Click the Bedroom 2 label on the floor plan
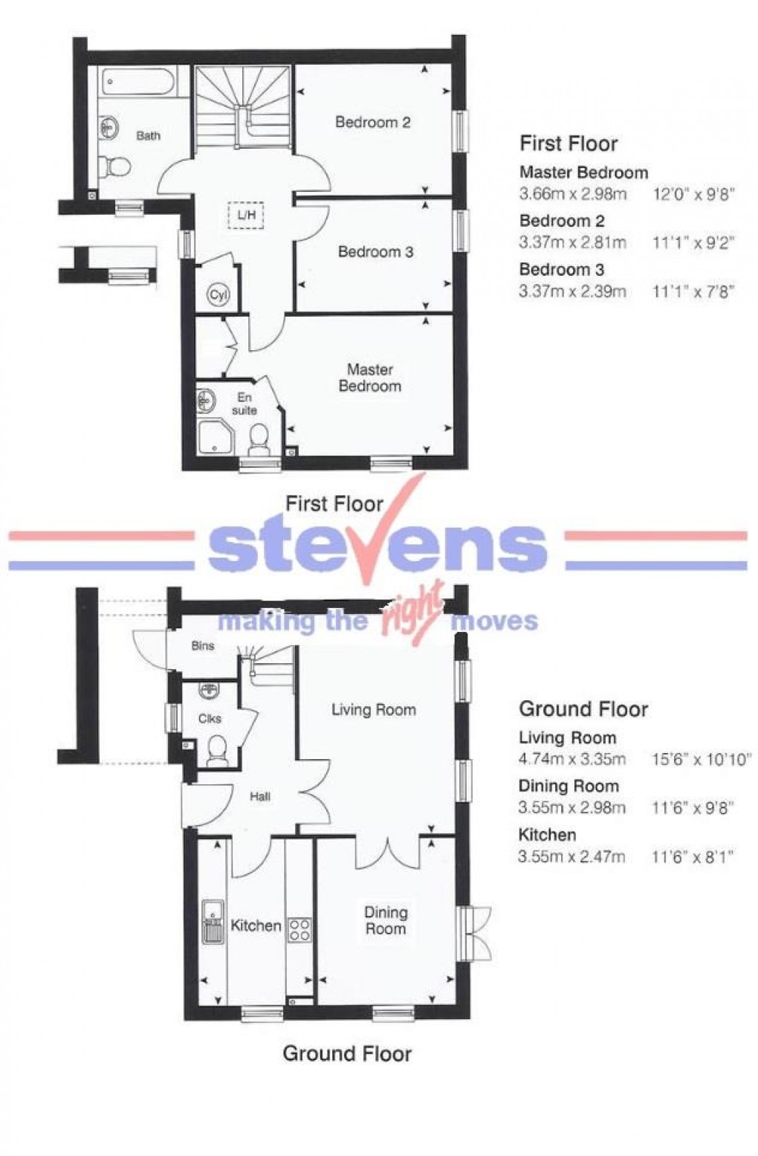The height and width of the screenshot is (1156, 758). pyautogui.click(x=372, y=122)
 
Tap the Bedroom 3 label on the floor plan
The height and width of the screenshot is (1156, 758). pyautogui.click(x=375, y=252)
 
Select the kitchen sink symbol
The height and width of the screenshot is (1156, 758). pyautogui.click(x=213, y=921)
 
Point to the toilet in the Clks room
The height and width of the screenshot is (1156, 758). pyautogui.click(x=217, y=749)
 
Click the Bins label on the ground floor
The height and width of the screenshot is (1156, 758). pyautogui.click(x=202, y=646)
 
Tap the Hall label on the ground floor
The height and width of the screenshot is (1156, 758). pyautogui.click(x=260, y=797)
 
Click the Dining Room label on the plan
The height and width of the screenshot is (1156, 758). pyautogui.click(x=386, y=920)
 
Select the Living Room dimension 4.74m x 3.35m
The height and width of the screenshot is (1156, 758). pyautogui.click(x=572, y=759)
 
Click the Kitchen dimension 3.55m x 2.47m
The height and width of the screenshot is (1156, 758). pyautogui.click(x=571, y=856)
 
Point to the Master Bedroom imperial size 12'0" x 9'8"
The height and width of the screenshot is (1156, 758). pyautogui.click(x=693, y=195)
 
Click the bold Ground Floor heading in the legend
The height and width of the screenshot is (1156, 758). pyautogui.click(x=583, y=708)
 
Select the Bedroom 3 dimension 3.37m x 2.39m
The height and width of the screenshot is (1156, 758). pyautogui.click(x=572, y=291)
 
